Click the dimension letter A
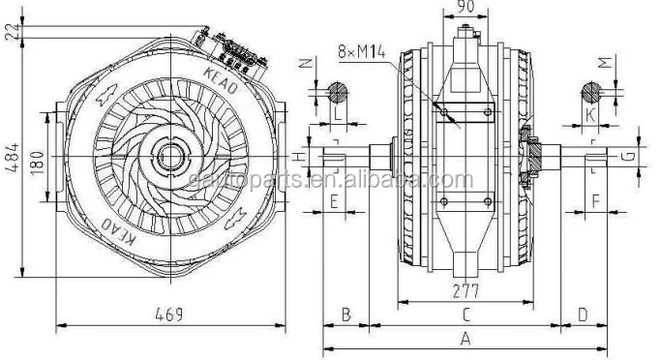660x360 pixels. (x=465, y=339)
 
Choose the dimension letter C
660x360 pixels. (x=465, y=315)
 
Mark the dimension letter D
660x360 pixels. (x=582, y=315)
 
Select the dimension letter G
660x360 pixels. (x=627, y=155)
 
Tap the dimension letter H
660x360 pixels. (x=301, y=155)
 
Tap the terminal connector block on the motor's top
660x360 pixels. (x=233, y=47)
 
